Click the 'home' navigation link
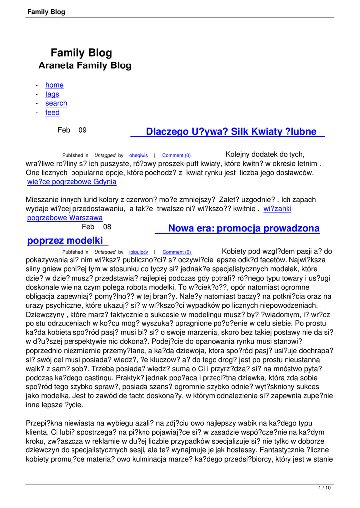[x=54, y=85]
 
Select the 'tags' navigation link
[x=52, y=94]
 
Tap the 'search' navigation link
[x=56, y=103]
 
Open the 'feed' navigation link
[x=52, y=113]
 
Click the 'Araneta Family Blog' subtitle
[x=85, y=65]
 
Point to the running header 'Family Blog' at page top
[x=46, y=12]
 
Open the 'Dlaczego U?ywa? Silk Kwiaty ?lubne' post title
[x=231, y=132]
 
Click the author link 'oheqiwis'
[x=139, y=156]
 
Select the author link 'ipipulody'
[x=139, y=252]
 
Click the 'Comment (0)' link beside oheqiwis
[x=176, y=156]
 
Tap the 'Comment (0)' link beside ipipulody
[x=177, y=252]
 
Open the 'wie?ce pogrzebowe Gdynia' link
[x=72, y=182]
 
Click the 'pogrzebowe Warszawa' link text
[x=65, y=218]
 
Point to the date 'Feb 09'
[x=72, y=130]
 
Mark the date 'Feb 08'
[x=96, y=227]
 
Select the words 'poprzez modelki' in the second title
[x=67, y=241]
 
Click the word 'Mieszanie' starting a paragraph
[x=43, y=200]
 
